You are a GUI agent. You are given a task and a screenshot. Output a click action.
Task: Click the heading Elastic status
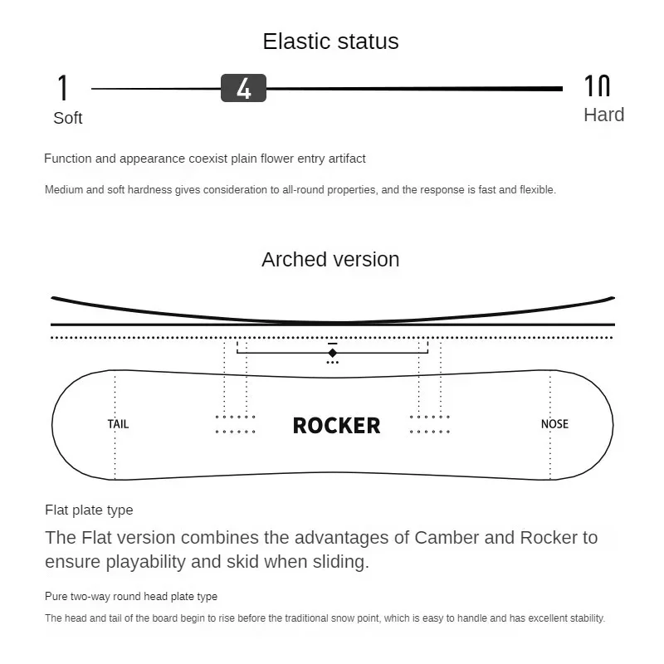coord(330,41)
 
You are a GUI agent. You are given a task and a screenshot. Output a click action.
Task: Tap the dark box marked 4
coord(243,88)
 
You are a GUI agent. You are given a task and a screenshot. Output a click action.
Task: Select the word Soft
coord(67,118)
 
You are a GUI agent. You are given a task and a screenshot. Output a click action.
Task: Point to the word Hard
coord(603,115)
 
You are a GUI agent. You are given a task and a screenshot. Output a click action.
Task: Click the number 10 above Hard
coord(598,85)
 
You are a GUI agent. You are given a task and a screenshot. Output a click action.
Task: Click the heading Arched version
coord(330,259)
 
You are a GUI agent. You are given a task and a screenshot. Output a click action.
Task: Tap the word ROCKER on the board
coord(336,426)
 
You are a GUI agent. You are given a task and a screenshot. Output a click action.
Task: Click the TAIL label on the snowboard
coord(118,424)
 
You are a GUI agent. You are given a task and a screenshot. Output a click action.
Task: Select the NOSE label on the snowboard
coord(554,424)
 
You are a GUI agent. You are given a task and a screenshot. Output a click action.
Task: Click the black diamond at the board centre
coord(332,353)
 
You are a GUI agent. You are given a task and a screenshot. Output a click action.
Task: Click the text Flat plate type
coord(89,510)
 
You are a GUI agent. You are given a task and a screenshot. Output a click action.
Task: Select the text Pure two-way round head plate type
coord(131,596)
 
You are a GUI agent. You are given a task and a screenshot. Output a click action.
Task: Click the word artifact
coord(344,159)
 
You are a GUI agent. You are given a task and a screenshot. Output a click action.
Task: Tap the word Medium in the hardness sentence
coord(64,190)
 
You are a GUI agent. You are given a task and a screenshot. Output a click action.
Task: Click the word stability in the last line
coord(584,618)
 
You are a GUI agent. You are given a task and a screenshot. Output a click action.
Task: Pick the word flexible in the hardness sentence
coord(537,190)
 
